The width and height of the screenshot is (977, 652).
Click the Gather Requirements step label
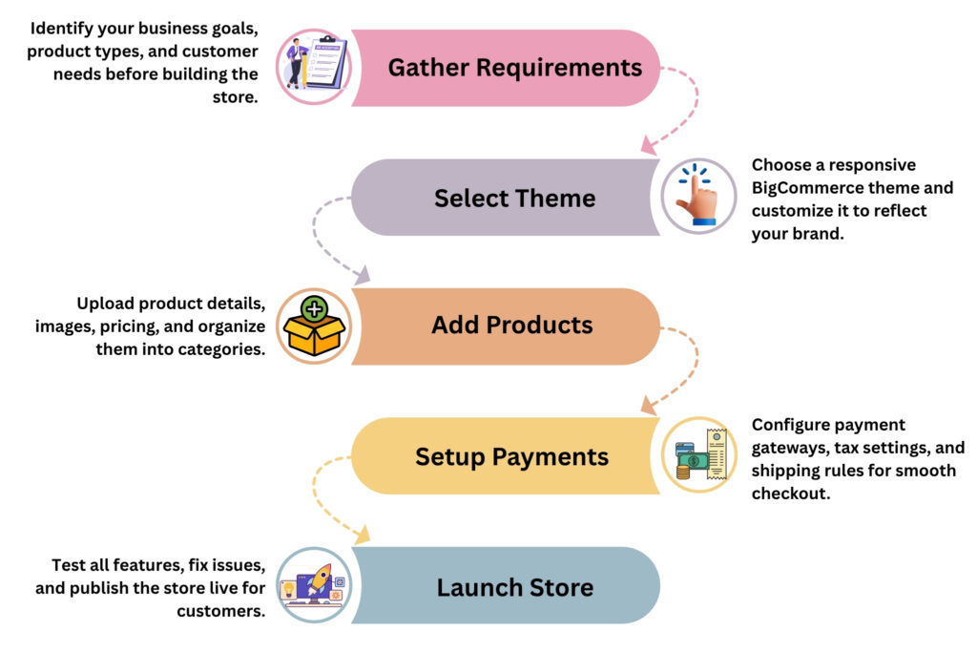(x=514, y=68)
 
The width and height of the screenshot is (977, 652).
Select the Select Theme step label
(x=514, y=198)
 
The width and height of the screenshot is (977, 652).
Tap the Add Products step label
(x=511, y=325)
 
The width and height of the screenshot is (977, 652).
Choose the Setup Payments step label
(x=511, y=456)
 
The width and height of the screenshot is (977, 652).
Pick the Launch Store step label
(x=514, y=586)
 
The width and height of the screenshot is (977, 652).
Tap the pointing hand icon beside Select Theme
(x=698, y=197)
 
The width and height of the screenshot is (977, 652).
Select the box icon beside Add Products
(x=314, y=326)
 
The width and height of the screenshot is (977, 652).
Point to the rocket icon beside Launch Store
(x=314, y=584)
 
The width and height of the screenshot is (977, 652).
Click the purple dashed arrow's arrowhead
(x=364, y=277)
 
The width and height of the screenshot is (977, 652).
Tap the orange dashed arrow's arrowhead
(x=648, y=407)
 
